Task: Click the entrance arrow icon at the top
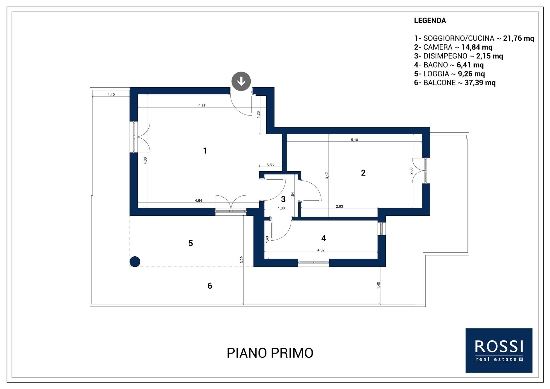(x=241, y=81)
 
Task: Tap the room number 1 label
(x=205, y=151)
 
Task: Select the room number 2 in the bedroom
(x=363, y=173)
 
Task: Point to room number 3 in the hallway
(x=283, y=199)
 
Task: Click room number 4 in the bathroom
(x=324, y=238)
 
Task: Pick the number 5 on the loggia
(x=191, y=243)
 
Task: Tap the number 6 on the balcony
(x=210, y=286)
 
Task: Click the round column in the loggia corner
(x=135, y=262)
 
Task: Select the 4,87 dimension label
(x=202, y=105)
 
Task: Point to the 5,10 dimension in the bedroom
(x=354, y=140)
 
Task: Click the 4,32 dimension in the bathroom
(x=321, y=250)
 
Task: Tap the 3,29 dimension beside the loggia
(x=241, y=260)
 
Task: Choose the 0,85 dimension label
(x=271, y=164)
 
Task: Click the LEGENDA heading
(x=430, y=21)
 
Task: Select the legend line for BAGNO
(x=449, y=65)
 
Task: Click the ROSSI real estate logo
(x=499, y=350)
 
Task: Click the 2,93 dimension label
(x=339, y=206)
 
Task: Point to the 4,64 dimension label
(x=199, y=201)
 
